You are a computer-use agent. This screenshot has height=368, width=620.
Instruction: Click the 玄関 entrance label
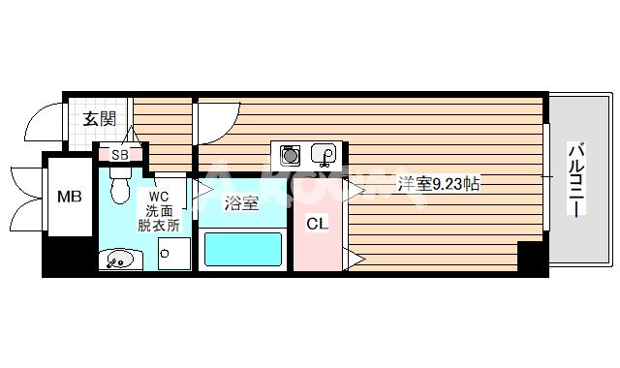99,119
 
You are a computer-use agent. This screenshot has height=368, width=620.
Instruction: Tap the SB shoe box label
120,154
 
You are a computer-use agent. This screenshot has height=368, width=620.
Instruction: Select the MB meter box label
69,198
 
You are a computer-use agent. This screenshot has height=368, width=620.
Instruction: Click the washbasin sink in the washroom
119,259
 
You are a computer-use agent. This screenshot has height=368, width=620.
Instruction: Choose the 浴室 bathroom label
240,203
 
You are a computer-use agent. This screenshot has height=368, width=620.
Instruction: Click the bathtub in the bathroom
242,251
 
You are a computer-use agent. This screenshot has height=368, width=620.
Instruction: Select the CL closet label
317,224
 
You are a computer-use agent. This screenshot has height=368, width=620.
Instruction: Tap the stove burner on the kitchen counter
289,154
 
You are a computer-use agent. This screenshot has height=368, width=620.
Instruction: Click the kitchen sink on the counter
325,154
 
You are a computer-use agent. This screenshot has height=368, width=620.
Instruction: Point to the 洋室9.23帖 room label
439,183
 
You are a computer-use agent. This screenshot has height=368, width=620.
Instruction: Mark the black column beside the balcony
532,256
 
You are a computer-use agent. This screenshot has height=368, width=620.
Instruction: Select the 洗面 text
160,209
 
